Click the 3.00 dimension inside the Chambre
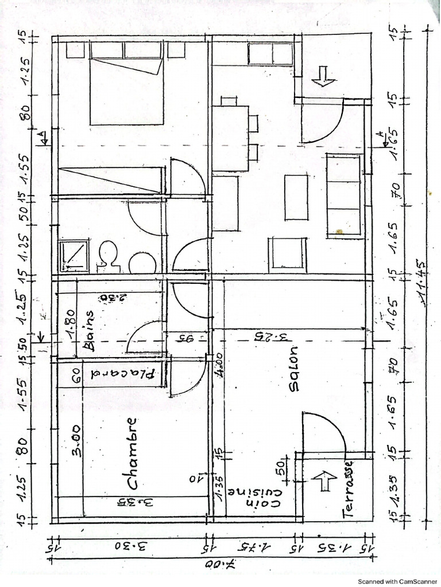76,440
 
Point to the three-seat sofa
343,195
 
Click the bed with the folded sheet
127,91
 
